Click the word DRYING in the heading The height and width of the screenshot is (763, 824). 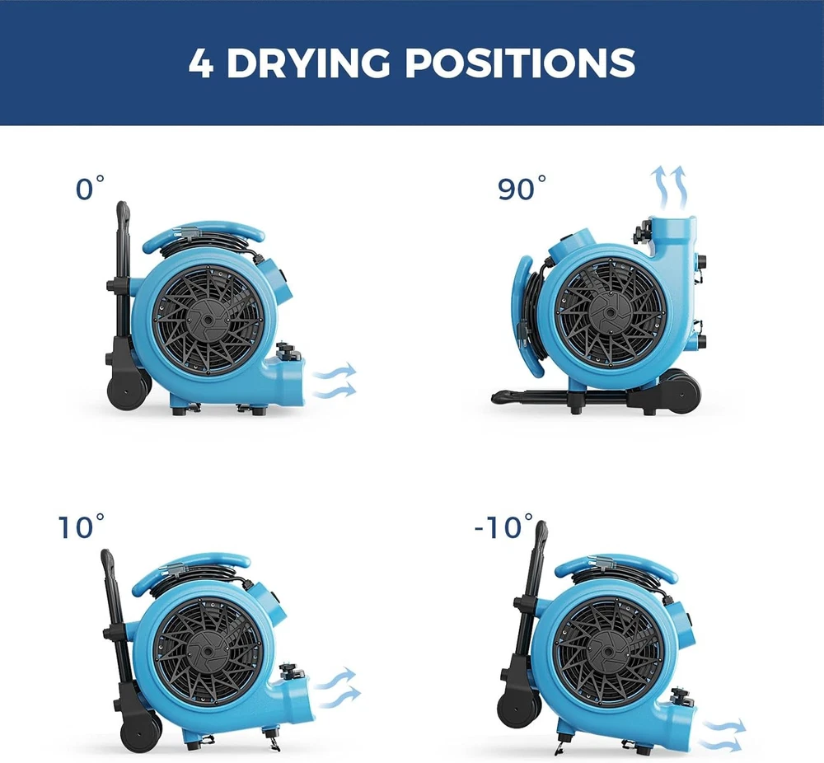pos(308,63)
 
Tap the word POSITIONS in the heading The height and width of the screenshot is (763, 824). pos(520,63)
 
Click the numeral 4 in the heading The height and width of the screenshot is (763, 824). pos(200,63)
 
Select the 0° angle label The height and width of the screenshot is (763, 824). pos(90,189)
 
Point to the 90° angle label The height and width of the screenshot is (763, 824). pos(522,189)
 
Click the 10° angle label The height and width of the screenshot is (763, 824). pos(81,527)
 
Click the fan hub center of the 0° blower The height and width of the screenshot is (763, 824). pos(207,319)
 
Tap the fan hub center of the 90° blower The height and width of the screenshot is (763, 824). pos(610,312)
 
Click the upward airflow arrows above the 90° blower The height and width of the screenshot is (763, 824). pos(669,187)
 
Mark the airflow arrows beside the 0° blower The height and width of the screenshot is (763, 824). pos(335,381)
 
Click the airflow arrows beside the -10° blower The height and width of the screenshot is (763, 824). pos(723,735)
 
